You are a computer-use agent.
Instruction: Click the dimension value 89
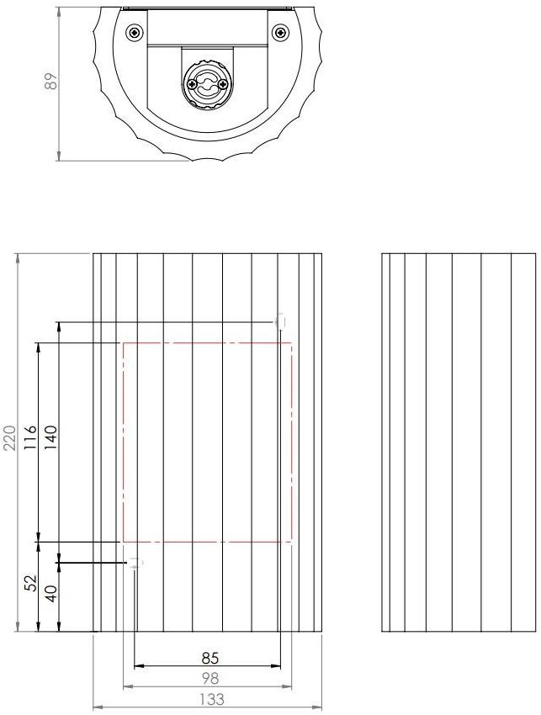[51, 82]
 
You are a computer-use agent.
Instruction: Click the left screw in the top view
[135, 33]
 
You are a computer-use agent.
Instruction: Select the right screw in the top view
[280, 33]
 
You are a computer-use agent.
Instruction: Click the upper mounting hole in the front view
[280, 321]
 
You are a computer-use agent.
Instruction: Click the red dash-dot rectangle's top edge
[208, 343]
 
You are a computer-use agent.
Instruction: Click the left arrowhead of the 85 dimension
[139, 666]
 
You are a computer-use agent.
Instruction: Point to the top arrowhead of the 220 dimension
[19, 256]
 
